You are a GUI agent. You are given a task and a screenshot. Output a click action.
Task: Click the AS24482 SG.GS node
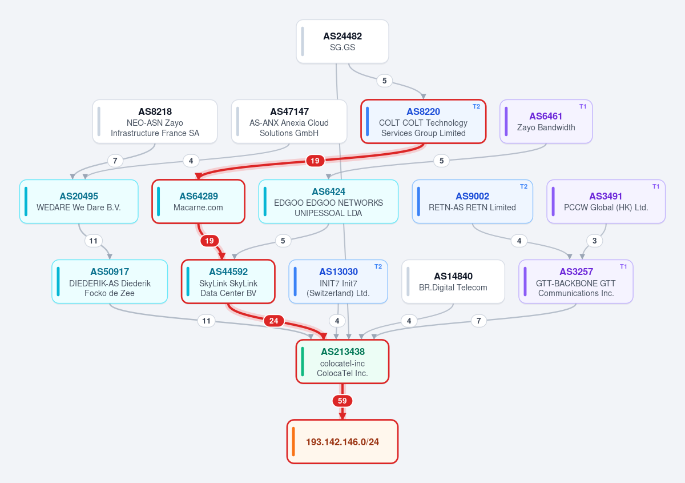click(342, 42)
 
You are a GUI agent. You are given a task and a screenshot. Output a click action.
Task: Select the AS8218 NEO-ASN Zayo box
click(155, 122)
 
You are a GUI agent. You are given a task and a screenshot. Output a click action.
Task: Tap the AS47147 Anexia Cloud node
click(289, 122)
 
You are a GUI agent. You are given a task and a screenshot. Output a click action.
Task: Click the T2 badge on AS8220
click(476, 106)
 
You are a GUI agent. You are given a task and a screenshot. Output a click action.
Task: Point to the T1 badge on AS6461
click(583, 106)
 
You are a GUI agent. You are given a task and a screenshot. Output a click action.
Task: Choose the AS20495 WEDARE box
click(79, 202)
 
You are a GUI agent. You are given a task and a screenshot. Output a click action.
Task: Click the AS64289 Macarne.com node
click(199, 202)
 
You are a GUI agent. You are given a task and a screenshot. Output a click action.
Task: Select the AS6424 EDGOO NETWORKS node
click(328, 202)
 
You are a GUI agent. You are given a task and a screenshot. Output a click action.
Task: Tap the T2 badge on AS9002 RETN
click(523, 186)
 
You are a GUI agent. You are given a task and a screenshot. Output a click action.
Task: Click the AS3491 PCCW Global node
click(606, 202)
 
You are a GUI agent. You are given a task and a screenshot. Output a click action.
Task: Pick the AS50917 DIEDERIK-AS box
click(110, 281)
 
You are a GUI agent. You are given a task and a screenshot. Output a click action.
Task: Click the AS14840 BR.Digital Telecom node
click(453, 281)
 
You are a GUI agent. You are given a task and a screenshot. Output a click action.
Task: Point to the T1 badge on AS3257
click(623, 266)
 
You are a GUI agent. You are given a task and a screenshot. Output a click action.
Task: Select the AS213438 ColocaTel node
click(342, 362)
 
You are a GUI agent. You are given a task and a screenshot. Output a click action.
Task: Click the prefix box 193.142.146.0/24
click(342, 442)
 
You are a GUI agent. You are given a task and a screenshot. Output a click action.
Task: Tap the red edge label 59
click(342, 401)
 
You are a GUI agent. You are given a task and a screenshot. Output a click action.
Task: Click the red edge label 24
click(273, 321)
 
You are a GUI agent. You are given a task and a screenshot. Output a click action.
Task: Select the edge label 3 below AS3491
click(594, 241)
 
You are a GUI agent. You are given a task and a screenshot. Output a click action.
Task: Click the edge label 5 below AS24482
click(384, 81)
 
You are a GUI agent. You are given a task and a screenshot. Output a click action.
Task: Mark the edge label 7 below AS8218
click(115, 161)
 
